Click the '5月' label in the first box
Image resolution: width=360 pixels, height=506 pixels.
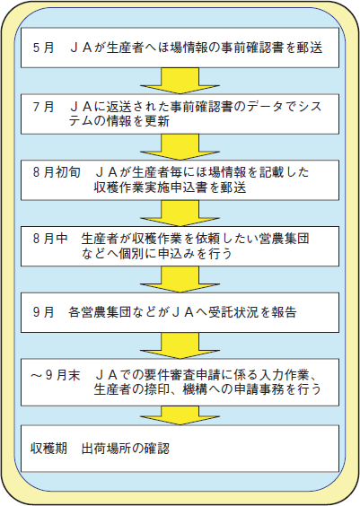pyautogui.click(x=44, y=48)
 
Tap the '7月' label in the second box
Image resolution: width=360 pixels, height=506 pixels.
pyautogui.click(x=44, y=107)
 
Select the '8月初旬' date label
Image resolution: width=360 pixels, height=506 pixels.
pyautogui.click(x=57, y=172)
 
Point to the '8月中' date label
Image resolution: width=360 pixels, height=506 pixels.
pyautogui.click(x=50, y=239)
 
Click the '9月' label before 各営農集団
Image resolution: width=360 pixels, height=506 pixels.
pyautogui.click(x=44, y=312)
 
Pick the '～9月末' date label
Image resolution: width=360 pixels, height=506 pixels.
pyautogui.click(x=55, y=375)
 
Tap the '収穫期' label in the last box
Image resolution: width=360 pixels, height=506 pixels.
pyautogui.click(x=48, y=449)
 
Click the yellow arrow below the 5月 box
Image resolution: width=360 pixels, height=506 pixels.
pyautogui.click(x=180, y=81)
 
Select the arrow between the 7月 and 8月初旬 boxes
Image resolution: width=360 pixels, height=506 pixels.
pyautogui.click(x=180, y=147)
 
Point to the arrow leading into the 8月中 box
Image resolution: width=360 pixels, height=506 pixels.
pyautogui.click(x=180, y=214)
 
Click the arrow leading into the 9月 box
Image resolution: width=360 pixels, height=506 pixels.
pyautogui.click(x=180, y=279)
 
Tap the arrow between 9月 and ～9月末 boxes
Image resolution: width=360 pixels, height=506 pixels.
pyautogui.click(x=180, y=345)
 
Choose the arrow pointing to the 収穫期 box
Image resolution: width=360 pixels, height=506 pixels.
pyautogui.click(x=180, y=415)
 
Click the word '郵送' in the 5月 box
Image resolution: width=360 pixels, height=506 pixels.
pyautogui.click(x=310, y=48)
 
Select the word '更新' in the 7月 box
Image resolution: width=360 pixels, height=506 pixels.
pyautogui.click(x=157, y=121)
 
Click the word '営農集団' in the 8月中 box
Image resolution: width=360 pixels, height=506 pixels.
pyautogui.click(x=284, y=239)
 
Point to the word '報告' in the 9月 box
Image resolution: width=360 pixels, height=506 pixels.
pyautogui.click(x=284, y=312)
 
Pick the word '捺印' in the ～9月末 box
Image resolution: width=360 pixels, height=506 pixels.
pyautogui.click(x=157, y=389)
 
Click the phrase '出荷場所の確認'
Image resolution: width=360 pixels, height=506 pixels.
pyautogui.click(x=126, y=449)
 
